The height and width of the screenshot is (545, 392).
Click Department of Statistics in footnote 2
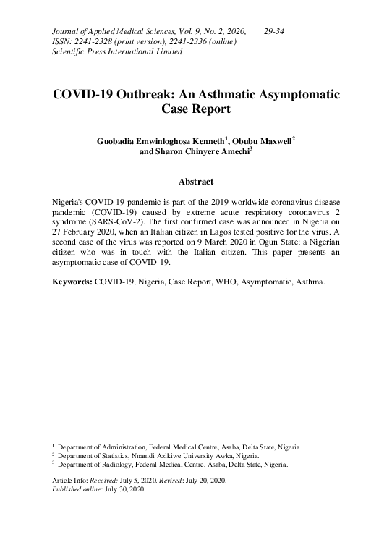point(95,456)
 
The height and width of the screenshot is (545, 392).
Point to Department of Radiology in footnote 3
point(95,465)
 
